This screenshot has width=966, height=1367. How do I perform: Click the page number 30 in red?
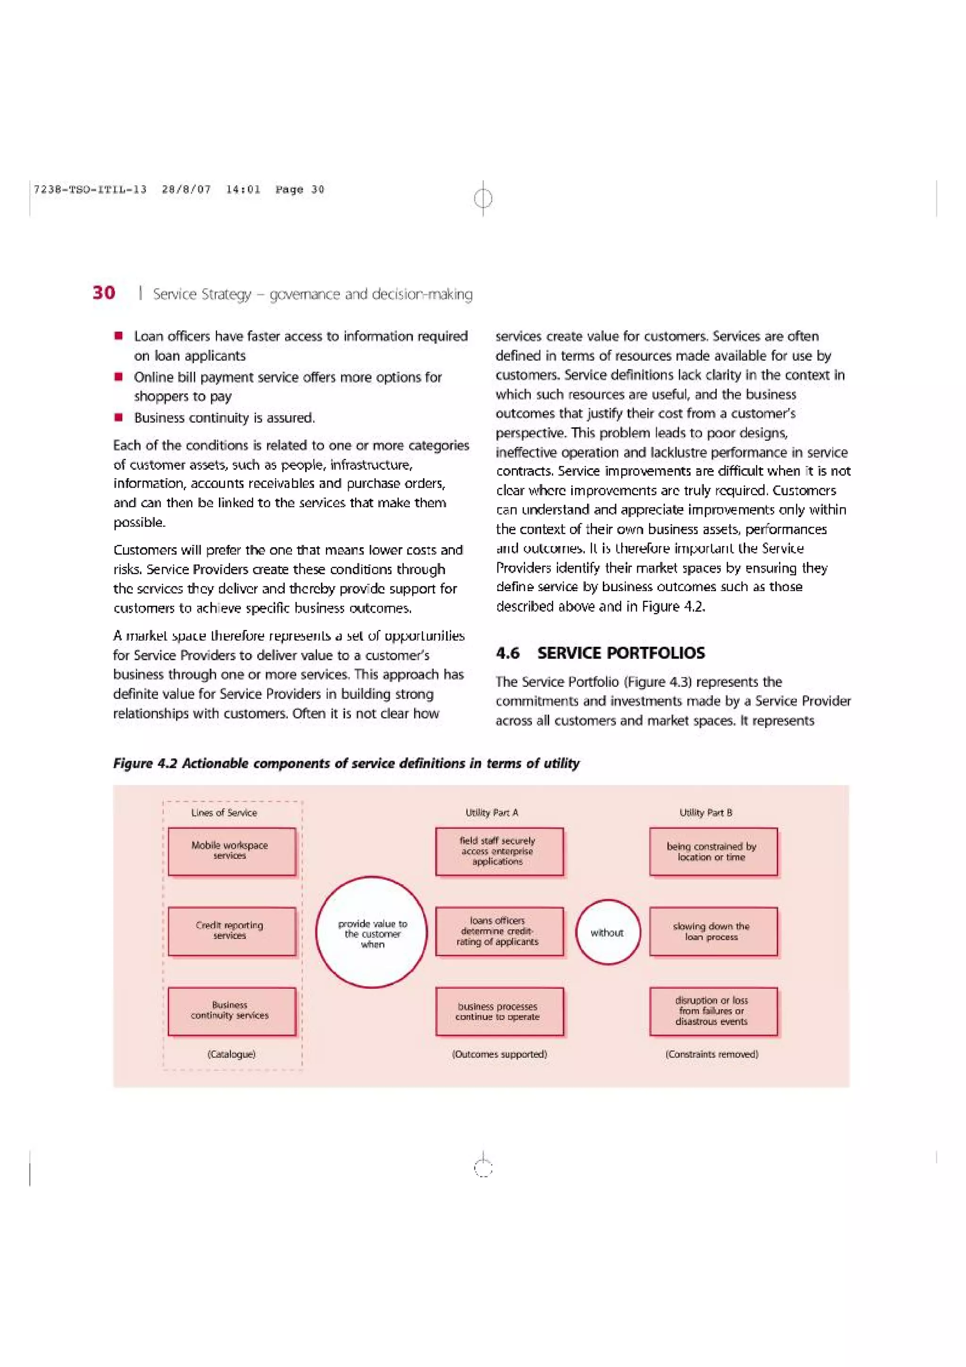tap(104, 292)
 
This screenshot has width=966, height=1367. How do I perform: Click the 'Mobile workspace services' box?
tap(232, 851)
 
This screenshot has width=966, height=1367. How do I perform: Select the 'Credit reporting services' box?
tap(232, 931)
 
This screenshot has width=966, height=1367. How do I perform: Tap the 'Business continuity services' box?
tap(232, 1011)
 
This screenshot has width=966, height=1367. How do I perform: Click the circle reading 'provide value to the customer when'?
tap(372, 933)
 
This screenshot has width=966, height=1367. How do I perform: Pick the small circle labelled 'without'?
tap(608, 933)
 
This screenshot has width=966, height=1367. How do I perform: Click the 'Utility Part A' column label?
tap(491, 812)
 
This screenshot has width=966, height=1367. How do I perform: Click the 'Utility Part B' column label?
tap(706, 812)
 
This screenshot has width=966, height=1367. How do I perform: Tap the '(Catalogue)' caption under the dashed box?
tap(232, 1054)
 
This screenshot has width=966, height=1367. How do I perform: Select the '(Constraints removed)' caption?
tap(712, 1054)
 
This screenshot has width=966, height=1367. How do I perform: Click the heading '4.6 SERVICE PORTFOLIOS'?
tap(600, 653)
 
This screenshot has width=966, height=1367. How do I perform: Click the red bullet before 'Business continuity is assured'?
tap(119, 417)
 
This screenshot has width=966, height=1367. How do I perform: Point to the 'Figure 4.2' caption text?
tap(346, 763)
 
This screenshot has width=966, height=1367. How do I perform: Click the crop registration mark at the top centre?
tap(483, 198)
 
